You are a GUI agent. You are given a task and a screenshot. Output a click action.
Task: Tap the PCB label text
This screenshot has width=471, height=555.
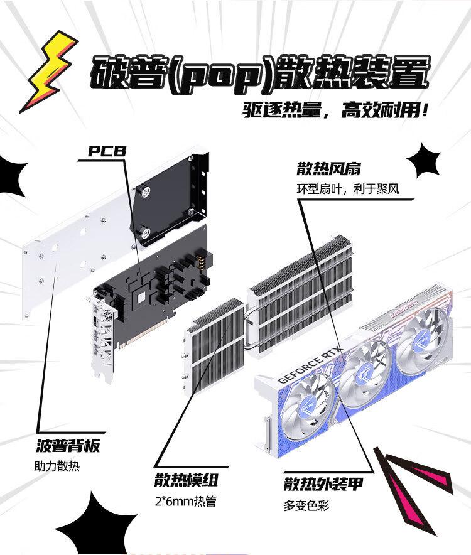click(107, 151)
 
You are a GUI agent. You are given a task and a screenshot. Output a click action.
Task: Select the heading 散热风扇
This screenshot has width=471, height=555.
click(328, 170)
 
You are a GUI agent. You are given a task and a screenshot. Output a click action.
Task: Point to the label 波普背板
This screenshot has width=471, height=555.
click(68, 447)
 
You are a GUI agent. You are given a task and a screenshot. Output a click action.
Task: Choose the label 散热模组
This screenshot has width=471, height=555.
click(187, 482)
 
